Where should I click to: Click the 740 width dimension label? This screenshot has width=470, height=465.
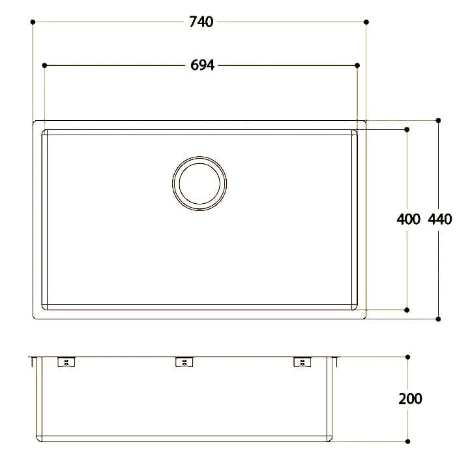(x=201, y=22)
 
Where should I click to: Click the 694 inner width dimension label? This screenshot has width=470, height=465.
(x=203, y=65)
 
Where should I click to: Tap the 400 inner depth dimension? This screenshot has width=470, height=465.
(x=408, y=219)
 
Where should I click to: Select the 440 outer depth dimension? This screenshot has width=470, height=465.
(x=440, y=219)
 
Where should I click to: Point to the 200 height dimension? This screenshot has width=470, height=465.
(x=409, y=398)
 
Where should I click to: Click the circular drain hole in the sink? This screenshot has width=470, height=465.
(x=200, y=184)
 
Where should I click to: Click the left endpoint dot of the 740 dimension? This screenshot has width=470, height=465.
(x=33, y=22)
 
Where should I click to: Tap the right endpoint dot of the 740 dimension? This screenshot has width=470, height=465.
(x=367, y=22)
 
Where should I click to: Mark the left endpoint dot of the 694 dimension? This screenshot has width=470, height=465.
(x=44, y=65)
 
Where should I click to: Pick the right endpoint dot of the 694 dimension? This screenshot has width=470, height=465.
(x=357, y=65)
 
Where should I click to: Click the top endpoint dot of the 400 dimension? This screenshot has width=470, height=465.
(x=407, y=129)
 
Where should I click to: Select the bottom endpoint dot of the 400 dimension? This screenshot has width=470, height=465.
(x=407, y=310)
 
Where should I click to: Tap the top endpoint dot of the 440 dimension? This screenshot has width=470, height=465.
(x=438, y=121)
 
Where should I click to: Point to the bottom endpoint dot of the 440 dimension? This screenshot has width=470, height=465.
(x=438, y=319)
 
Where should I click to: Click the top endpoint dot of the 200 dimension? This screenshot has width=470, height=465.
(x=408, y=357)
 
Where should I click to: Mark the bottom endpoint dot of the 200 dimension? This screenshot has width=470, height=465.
(x=408, y=441)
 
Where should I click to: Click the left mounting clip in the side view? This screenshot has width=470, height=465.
(x=66, y=362)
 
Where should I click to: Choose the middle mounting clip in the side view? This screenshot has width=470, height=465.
(x=184, y=362)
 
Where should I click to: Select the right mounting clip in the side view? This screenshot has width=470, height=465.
(x=302, y=362)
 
